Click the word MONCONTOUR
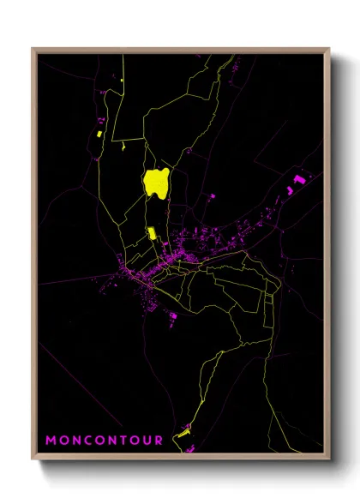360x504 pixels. [x=104, y=441]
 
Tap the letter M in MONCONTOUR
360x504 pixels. [x=51, y=441]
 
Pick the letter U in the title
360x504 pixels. [x=145, y=441]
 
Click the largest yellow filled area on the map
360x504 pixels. [x=156, y=183]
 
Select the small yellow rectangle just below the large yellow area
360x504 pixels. [x=152, y=232]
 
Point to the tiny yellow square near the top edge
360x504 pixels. [x=123, y=81]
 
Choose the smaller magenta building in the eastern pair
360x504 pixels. [x=289, y=189]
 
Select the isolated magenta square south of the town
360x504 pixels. [x=173, y=316]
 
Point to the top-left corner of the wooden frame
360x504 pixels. [x=33, y=49]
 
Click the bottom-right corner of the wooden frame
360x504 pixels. [x=329, y=459]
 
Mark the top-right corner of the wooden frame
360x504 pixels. [x=329, y=49]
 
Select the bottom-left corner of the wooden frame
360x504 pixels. [x=33, y=459]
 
